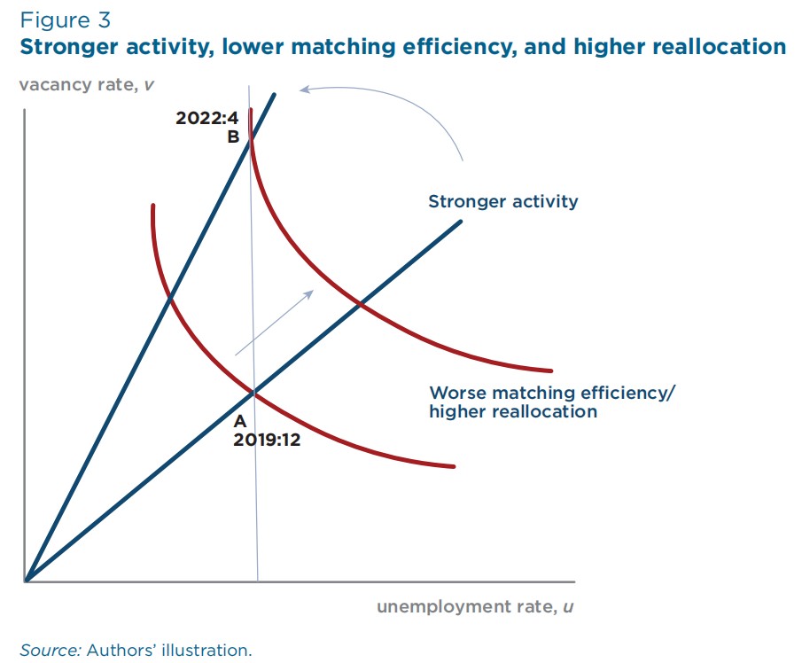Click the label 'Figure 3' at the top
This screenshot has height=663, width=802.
(x=66, y=20)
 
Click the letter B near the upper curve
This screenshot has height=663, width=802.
(x=233, y=137)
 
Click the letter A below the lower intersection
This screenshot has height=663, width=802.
(x=240, y=422)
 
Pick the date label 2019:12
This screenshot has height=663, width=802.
(x=267, y=440)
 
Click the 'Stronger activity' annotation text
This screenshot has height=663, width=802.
(x=502, y=201)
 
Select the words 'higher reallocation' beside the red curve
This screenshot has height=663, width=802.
(x=513, y=411)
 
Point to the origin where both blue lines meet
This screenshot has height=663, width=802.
(x=27, y=581)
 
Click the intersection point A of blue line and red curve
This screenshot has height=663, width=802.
(x=254, y=391)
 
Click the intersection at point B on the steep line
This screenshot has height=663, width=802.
(x=251, y=136)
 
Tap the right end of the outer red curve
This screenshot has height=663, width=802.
(x=551, y=370)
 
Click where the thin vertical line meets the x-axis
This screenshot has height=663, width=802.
(x=258, y=581)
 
